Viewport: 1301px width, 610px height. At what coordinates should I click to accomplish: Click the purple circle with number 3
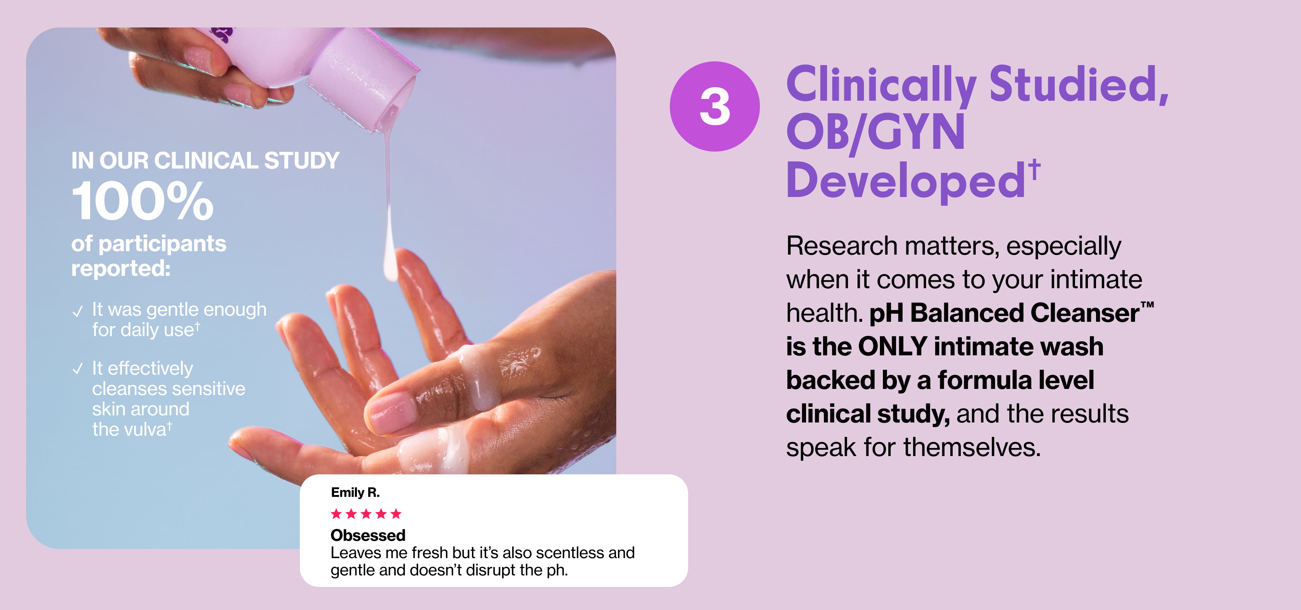715,106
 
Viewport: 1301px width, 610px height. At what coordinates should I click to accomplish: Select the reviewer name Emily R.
355,492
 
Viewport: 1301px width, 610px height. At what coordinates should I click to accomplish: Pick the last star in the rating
396,514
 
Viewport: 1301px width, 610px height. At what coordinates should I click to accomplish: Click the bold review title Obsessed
368,535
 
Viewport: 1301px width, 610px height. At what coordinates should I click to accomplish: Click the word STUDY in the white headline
302,161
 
